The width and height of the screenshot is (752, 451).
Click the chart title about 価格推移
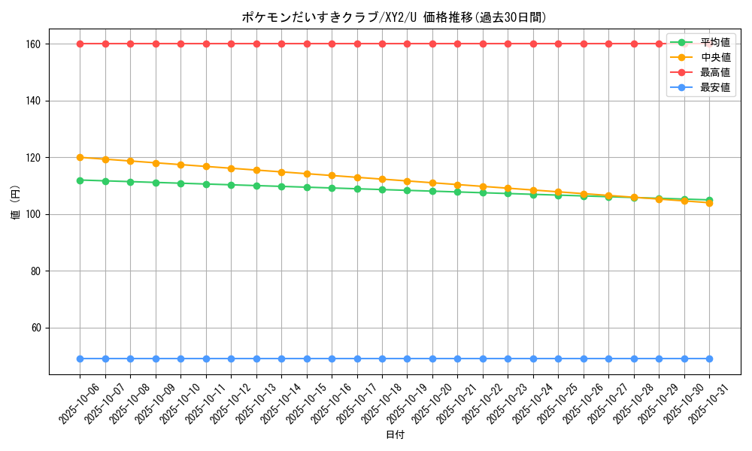tap(395, 17)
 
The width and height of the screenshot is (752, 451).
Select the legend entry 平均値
tap(714, 42)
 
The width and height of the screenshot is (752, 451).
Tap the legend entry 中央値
tap(714, 57)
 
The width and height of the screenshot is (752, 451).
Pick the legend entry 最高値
tap(714, 72)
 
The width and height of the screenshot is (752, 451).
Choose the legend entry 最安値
tap(714, 87)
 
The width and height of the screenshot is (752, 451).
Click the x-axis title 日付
tap(395, 435)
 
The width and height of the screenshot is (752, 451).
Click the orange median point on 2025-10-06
tap(80, 158)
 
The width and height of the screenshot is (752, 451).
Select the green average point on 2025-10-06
tap(80, 180)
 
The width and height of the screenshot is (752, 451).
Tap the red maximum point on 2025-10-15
tap(307, 44)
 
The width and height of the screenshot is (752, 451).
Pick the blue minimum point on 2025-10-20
tap(432, 359)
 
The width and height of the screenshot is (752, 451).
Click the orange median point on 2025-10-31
tap(709, 203)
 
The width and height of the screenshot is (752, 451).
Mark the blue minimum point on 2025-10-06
tap(80, 359)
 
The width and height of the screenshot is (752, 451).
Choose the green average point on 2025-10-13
tap(256, 186)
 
